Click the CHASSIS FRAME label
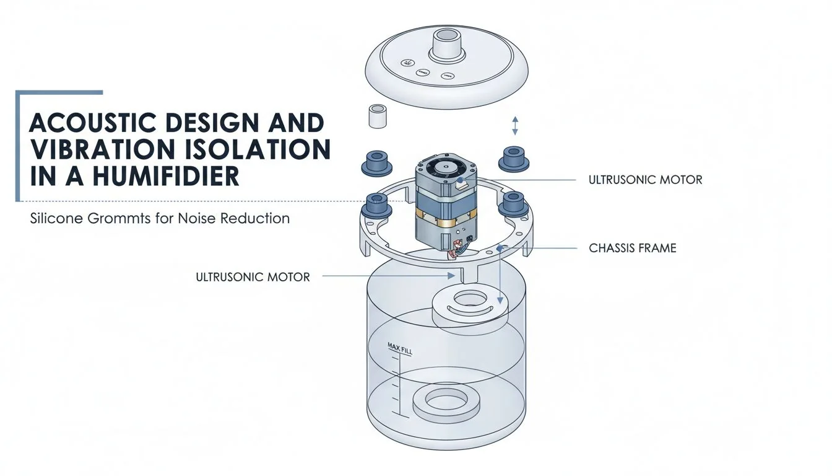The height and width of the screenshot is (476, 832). click(632, 249)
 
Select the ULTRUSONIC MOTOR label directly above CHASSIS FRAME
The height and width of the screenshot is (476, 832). click(645, 180)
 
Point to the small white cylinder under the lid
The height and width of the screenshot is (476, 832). click(378, 116)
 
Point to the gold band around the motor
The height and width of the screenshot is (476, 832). click(443, 214)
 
